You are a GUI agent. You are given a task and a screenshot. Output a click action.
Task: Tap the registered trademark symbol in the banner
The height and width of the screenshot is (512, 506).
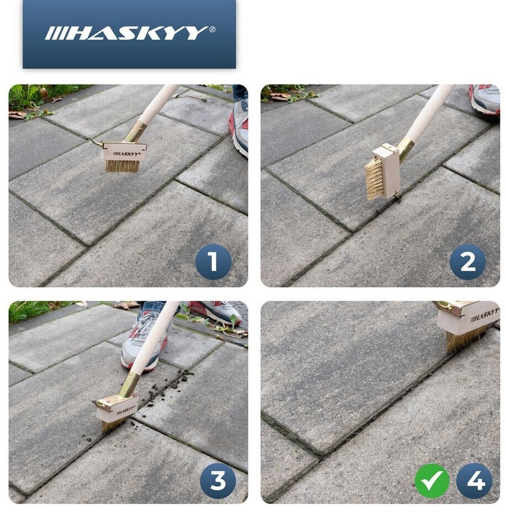212,29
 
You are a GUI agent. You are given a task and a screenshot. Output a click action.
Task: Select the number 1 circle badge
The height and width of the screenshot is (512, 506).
213,261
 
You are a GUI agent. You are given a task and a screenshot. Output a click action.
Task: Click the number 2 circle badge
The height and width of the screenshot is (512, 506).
467,262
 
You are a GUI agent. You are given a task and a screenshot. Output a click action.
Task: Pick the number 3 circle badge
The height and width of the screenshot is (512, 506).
218,481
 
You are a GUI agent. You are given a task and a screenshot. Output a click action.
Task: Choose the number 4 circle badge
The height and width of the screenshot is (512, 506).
474,481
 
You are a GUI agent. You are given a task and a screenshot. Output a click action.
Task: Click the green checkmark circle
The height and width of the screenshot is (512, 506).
432,481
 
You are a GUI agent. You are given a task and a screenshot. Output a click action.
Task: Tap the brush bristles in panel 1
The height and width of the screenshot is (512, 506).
122,165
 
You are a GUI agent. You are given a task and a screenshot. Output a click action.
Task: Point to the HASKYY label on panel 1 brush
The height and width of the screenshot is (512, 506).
126,153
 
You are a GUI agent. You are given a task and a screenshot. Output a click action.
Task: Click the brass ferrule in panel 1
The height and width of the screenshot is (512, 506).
135,132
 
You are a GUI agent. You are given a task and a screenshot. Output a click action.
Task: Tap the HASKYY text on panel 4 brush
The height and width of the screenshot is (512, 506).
484,315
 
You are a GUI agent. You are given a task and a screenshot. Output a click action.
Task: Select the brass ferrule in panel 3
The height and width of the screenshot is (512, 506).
129,386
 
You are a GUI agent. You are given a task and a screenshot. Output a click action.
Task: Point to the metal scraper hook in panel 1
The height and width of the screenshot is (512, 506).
95,142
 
